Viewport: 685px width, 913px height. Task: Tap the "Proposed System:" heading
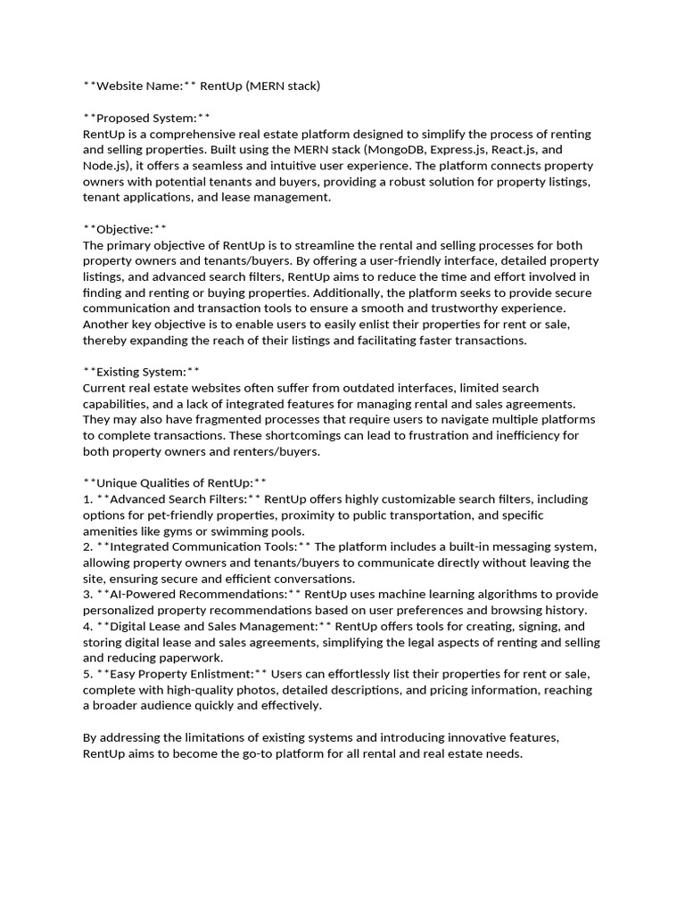point(146,118)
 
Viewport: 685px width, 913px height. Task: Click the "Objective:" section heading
point(124,229)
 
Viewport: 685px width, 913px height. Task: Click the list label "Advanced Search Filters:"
point(178,498)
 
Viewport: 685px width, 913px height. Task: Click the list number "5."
point(88,673)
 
